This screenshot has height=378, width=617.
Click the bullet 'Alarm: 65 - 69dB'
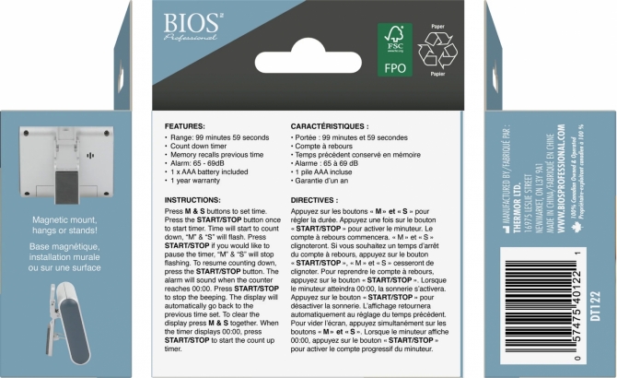tap(196, 163)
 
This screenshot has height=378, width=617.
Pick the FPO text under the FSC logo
tap(394, 68)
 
